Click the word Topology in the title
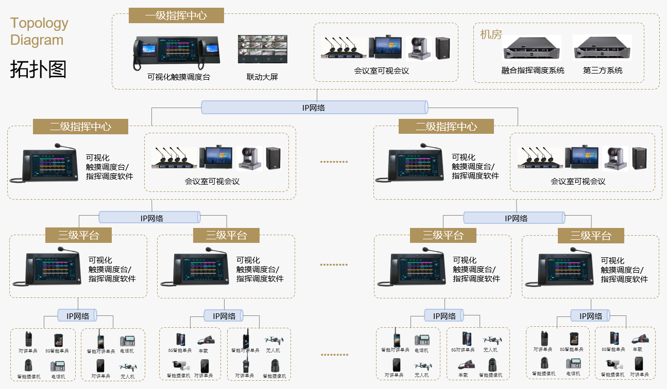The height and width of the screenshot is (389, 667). (39, 23)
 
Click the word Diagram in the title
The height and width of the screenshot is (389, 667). (37, 40)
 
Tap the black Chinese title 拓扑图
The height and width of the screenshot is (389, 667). (38, 69)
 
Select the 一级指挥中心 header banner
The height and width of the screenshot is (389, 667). (176, 15)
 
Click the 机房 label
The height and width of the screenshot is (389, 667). (490, 34)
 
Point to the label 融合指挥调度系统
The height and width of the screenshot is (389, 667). (533, 70)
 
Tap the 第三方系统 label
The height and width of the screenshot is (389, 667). (603, 70)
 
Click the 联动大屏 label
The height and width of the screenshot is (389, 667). (262, 77)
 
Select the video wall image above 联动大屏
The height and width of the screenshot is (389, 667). (262, 49)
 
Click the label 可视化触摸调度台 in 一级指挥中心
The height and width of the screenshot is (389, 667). (179, 77)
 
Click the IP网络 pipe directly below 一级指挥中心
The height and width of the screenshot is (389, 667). (314, 108)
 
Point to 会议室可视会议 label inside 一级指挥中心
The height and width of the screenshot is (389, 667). (382, 70)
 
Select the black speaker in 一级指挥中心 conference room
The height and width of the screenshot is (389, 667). (442, 48)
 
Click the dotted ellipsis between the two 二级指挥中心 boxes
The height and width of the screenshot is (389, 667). (334, 162)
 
